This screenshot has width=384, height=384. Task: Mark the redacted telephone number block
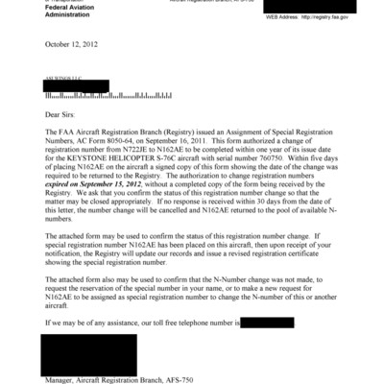(274, 323)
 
